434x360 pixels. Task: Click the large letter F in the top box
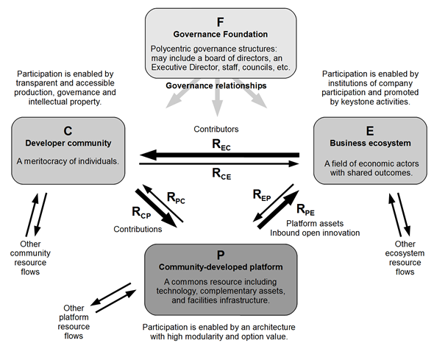pyautogui.click(x=221, y=22)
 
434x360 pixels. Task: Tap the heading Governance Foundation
pyautogui.click(x=221, y=35)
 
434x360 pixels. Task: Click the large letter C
pyautogui.click(x=68, y=131)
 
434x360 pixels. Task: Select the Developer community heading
pyautogui.click(x=68, y=143)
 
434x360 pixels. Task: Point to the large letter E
pyautogui.click(x=370, y=131)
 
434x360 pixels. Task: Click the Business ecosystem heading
pyautogui.click(x=370, y=143)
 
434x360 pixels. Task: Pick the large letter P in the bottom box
pyautogui.click(x=221, y=255)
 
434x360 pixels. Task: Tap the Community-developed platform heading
pyautogui.click(x=221, y=267)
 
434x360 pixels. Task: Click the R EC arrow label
pyautogui.click(x=221, y=145)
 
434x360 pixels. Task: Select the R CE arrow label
pyautogui.click(x=221, y=174)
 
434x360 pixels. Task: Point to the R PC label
pyautogui.click(x=176, y=198)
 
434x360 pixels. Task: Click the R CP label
pyautogui.click(x=141, y=213)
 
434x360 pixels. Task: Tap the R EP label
pyautogui.click(x=262, y=195)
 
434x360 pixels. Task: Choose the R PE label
pyautogui.click(x=305, y=210)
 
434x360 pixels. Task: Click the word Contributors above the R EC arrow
pyautogui.click(x=216, y=130)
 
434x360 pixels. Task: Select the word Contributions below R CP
pyautogui.click(x=138, y=229)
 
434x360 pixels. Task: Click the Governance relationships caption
pyautogui.click(x=216, y=86)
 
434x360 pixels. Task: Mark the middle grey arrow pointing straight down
pyautogui.click(x=217, y=99)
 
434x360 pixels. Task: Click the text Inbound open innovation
pyautogui.click(x=315, y=233)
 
